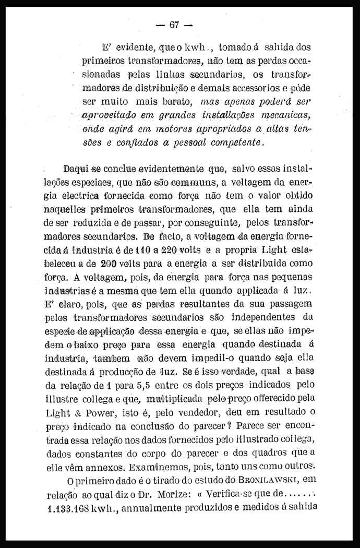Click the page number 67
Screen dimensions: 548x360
pos(174,25)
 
